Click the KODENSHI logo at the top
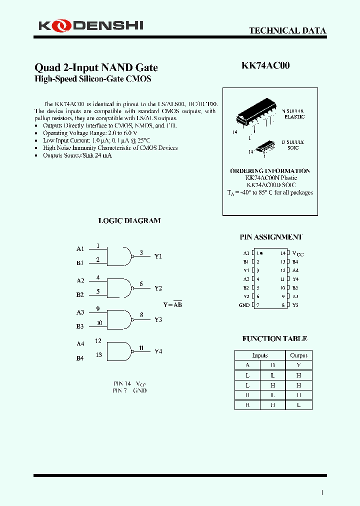(x=90, y=24)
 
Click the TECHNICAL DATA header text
(x=287, y=30)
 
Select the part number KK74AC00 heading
(x=265, y=65)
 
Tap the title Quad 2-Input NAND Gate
(x=96, y=67)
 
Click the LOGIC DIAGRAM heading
(x=129, y=220)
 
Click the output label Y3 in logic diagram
(x=158, y=319)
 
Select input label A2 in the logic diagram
(x=80, y=280)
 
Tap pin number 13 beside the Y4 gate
(x=98, y=354)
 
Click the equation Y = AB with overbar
(x=172, y=304)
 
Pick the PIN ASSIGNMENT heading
(x=271, y=237)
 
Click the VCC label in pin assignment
(x=297, y=253)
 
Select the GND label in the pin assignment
(x=244, y=305)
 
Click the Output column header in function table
(x=298, y=355)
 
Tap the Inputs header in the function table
(x=260, y=355)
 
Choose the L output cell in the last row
(x=298, y=405)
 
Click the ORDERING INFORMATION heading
(x=270, y=171)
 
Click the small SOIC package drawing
(x=265, y=146)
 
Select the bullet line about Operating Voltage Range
(x=82, y=133)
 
